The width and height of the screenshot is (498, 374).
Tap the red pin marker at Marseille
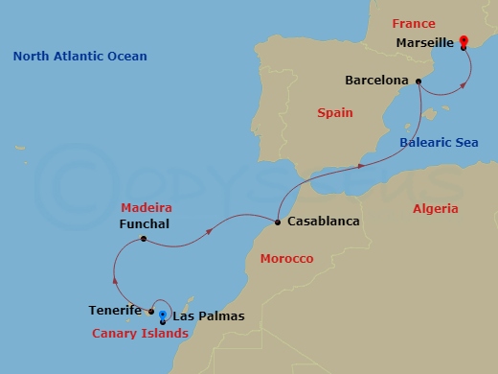(x=464, y=42)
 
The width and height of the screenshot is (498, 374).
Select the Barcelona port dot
(x=419, y=82)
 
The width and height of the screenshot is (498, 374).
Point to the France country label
(x=413, y=24)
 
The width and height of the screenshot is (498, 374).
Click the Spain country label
(x=334, y=113)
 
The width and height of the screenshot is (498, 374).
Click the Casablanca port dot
(x=277, y=222)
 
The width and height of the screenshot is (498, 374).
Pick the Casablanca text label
(x=323, y=222)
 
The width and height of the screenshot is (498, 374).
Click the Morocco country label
(x=286, y=259)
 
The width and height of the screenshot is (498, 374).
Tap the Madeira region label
(x=146, y=207)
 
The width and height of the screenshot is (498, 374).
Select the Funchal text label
(x=145, y=223)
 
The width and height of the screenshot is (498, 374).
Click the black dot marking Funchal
(x=143, y=239)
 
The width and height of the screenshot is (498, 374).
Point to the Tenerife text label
(x=116, y=311)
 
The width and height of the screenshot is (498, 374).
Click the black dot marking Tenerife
(x=152, y=311)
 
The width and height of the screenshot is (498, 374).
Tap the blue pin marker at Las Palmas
(x=163, y=316)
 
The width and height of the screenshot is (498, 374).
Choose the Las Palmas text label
(x=208, y=316)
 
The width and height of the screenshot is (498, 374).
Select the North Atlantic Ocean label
(x=80, y=57)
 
